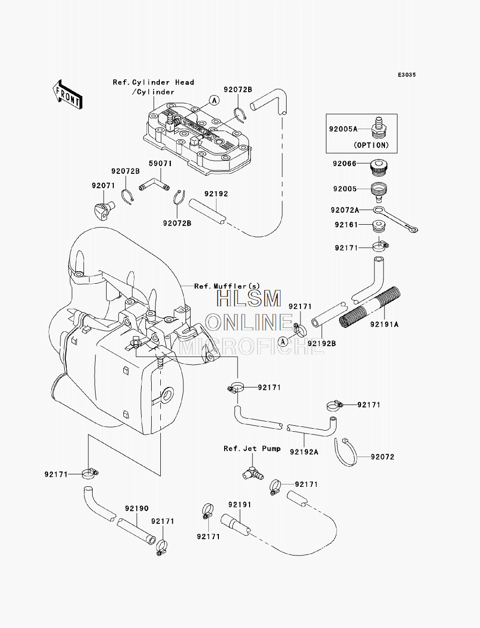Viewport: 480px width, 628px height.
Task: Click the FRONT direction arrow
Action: [x=68, y=94]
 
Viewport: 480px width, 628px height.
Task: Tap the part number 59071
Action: [x=160, y=164]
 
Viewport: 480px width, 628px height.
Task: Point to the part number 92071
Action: [x=103, y=186]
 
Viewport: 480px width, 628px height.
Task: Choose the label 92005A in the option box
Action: [x=343, y=129]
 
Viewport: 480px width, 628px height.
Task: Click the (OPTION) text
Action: [x=372, y=145]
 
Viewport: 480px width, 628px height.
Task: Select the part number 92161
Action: [x=347, y=225]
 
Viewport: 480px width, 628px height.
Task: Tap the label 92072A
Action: [x=345, y=210]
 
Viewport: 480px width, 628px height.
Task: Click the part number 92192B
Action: [x=322, y=343]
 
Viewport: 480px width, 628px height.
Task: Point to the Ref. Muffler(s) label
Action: [x=227, y=286]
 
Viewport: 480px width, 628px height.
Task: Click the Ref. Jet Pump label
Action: [x=252, y=448]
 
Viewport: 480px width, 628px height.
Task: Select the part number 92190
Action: [x=137, y=509]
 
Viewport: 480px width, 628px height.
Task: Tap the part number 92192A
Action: [x=304, y=452]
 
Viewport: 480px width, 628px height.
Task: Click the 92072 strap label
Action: [x=383, y=457]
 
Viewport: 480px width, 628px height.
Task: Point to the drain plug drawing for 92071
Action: [x=104, y=210]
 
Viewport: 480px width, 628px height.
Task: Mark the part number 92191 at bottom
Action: [x=240, y=505]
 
